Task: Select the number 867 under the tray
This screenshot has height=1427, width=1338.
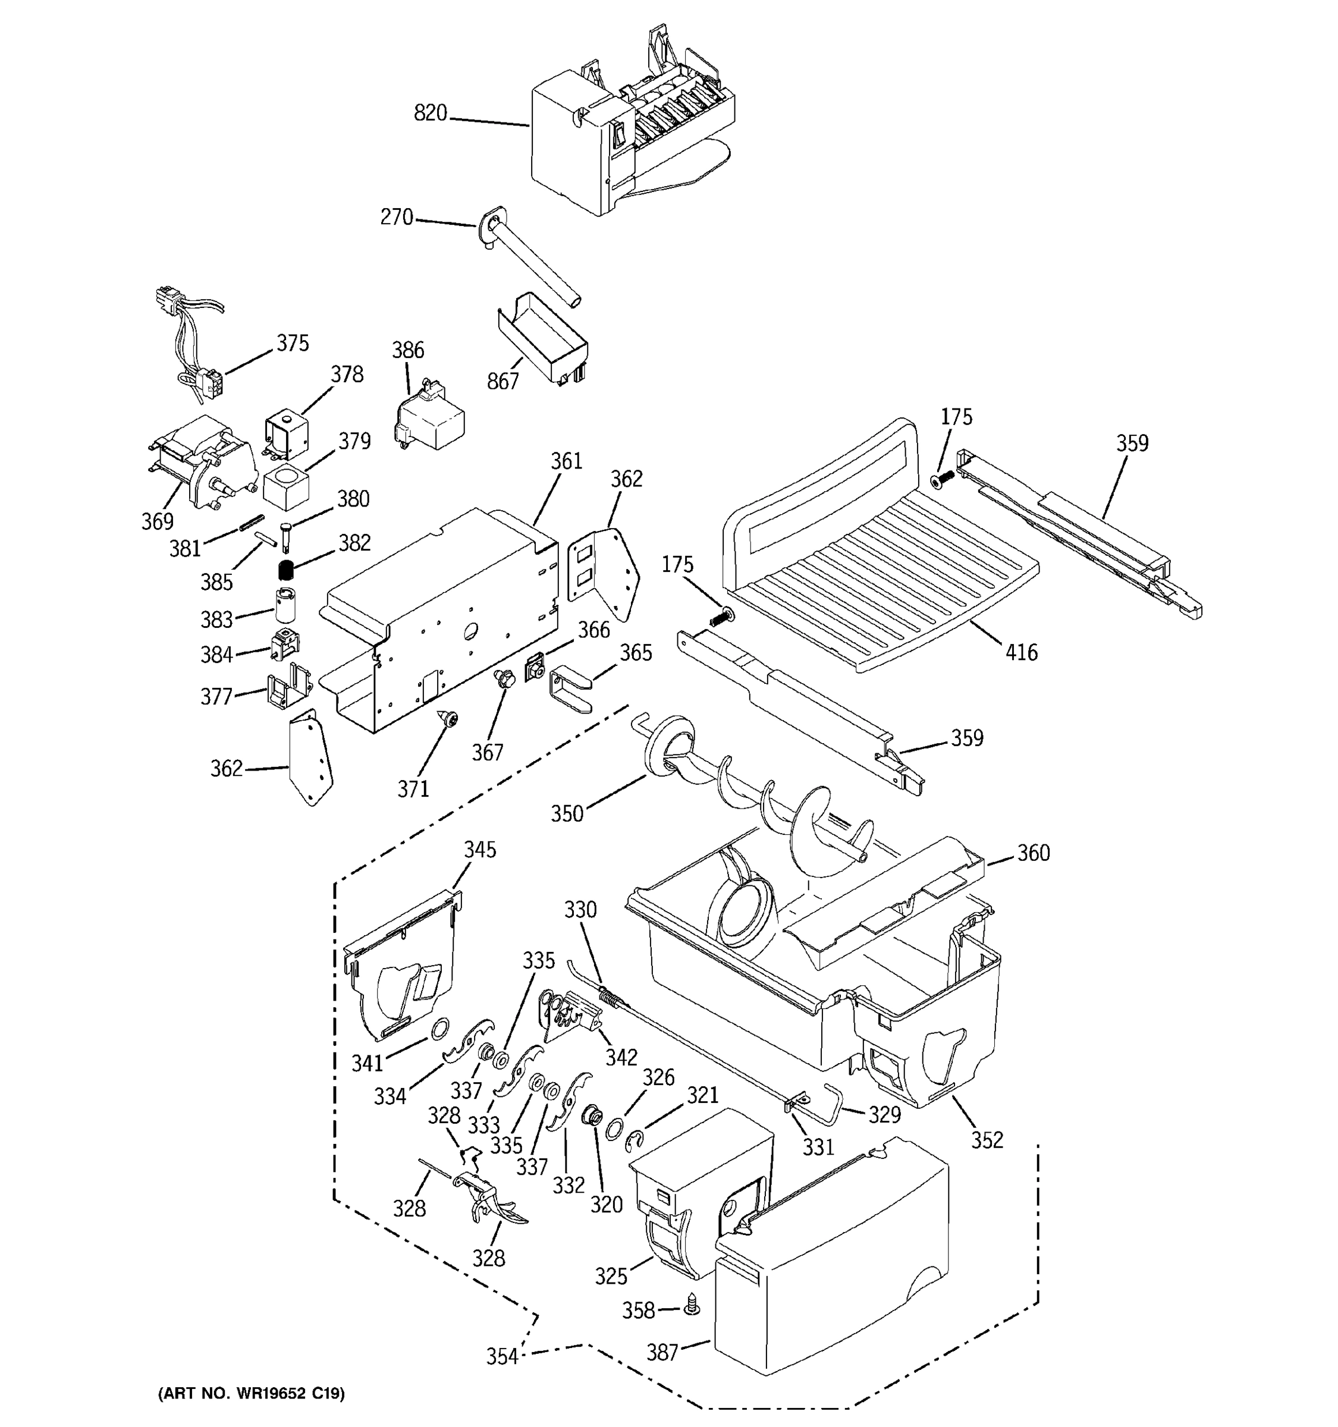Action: pos(502,381)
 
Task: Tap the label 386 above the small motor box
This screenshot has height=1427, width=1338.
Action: pos(408,350)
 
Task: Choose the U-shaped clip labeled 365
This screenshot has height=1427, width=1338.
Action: pos(571,689)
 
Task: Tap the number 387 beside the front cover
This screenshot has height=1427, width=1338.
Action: pos(662,1351)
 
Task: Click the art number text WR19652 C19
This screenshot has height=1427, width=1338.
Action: pos(250,1393)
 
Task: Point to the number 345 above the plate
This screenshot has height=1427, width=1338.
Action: pos(479,849)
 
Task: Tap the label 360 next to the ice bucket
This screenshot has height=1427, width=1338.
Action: pos(1033,853)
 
